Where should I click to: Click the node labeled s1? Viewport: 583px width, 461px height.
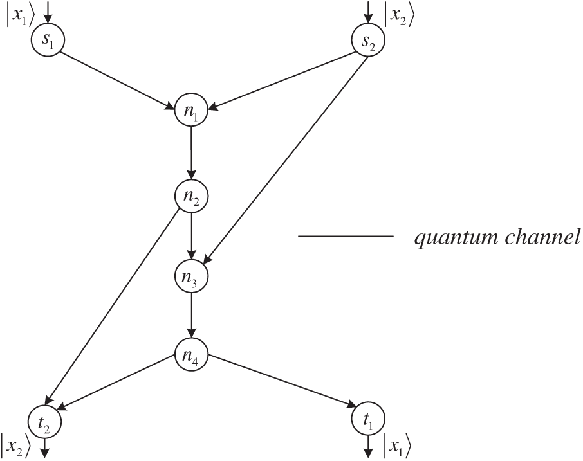(x=45, y=41)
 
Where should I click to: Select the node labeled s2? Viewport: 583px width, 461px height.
(x=367, y=41)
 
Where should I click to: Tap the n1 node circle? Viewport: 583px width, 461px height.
(x=191, y=111)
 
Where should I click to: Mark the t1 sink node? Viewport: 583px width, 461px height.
(x=367, y=421)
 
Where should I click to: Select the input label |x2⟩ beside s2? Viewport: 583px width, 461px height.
(x=399, y=14)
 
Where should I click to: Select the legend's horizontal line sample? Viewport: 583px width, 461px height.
(x=346, y=237)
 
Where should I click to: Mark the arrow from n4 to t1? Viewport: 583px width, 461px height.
(x=280, y=381)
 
